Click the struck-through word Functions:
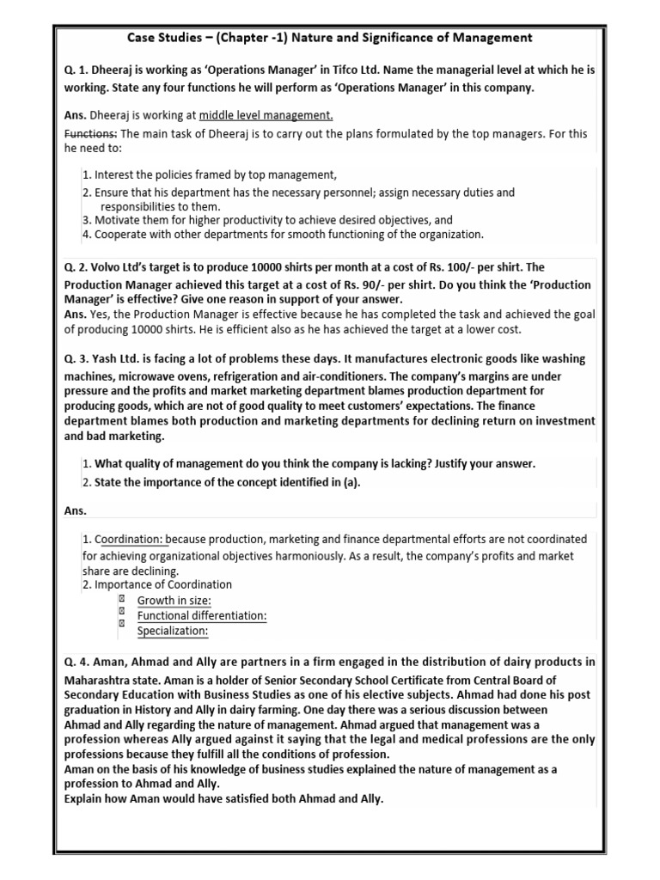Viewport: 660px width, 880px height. coord(91,133)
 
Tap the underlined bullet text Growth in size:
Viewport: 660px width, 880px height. coord(174,601)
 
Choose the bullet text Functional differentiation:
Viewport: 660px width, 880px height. coord(202,616)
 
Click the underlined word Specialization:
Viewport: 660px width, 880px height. coord(173,632)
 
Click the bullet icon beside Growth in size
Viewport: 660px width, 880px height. coord(122,599)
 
